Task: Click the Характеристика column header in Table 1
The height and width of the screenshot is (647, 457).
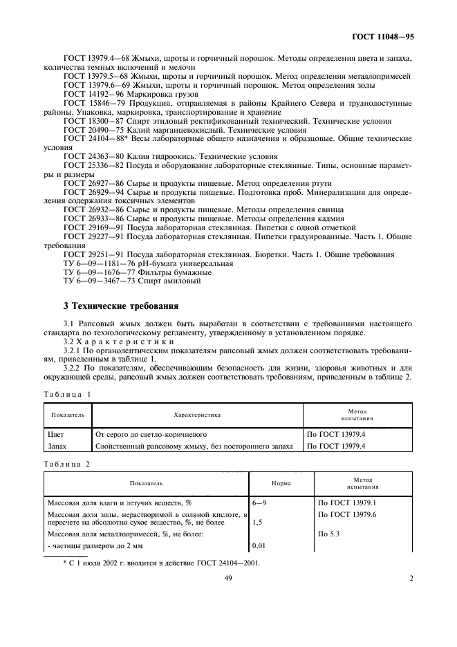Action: tap(196, 415)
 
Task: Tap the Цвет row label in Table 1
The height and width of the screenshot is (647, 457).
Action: tap(57, 435)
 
